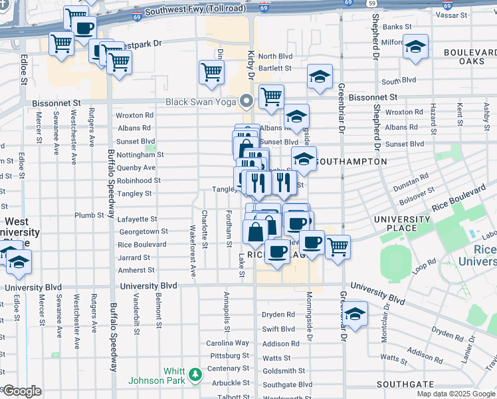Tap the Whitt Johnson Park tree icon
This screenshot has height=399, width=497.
click(x=195, y=376)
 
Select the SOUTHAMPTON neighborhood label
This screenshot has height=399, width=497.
click(x=350, y=162)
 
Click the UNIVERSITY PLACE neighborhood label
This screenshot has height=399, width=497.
click(x=402, y=223)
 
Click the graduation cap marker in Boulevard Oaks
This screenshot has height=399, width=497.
click(x=415, y=47)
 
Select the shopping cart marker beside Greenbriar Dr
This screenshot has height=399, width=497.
click(x=338, y=247)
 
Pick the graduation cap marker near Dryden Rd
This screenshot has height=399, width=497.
click(x=355, y=313)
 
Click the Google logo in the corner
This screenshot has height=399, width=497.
click(x=21, y=391)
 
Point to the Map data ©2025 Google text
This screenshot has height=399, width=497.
click(x=456, y=394)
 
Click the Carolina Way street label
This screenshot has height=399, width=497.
click(x=227, y=343)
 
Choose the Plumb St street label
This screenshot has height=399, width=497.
click(x=86, y=215)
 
